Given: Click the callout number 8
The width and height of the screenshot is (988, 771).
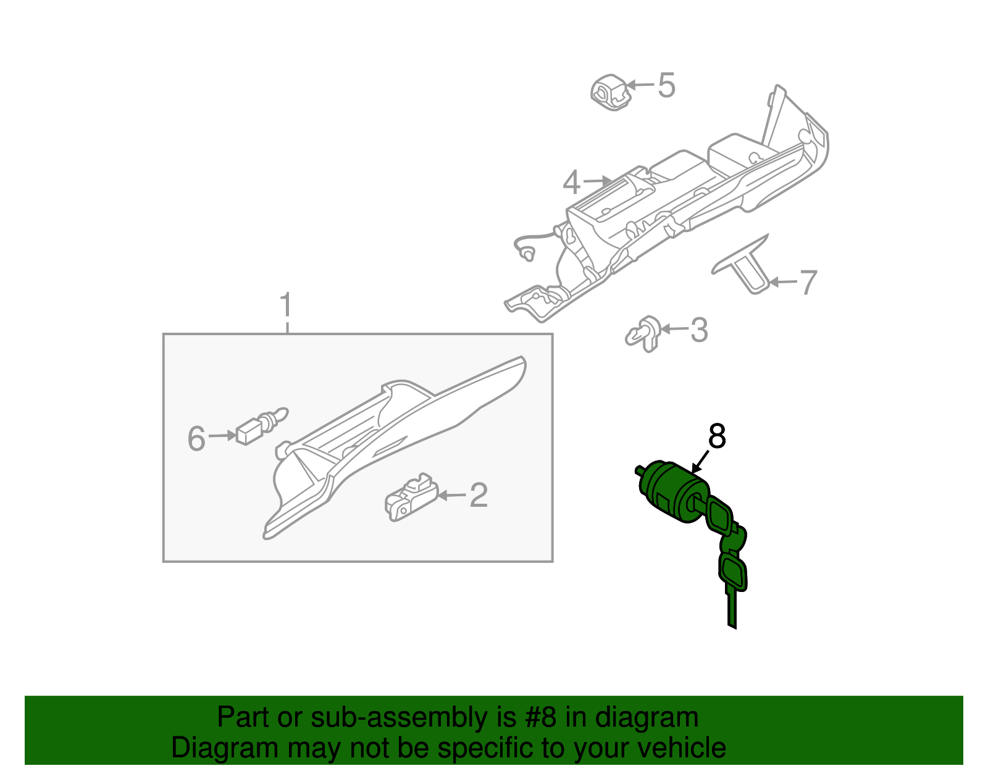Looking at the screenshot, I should [x=716, y=436].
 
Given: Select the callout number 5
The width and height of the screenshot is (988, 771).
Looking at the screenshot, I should [x=666, y=85].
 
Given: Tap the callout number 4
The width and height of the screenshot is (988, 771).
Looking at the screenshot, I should [x=572, y=183].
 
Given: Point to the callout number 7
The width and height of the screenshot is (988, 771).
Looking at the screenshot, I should [x=808, y=283].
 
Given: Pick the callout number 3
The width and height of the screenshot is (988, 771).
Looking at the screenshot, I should [x=698, y=330].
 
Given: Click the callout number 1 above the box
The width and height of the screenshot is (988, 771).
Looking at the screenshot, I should [x=285, y=306].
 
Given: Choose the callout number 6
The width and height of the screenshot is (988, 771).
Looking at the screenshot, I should [x=196, y=439].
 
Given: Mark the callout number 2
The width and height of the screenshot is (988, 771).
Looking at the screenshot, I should [x=479, y=496].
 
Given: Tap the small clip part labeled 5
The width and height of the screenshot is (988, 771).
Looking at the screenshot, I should [x=610, y=93].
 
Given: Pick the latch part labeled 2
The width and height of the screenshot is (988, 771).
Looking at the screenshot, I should [x=409, y=498].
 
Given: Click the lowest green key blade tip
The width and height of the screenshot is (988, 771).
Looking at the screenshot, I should [x=732, y=623].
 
